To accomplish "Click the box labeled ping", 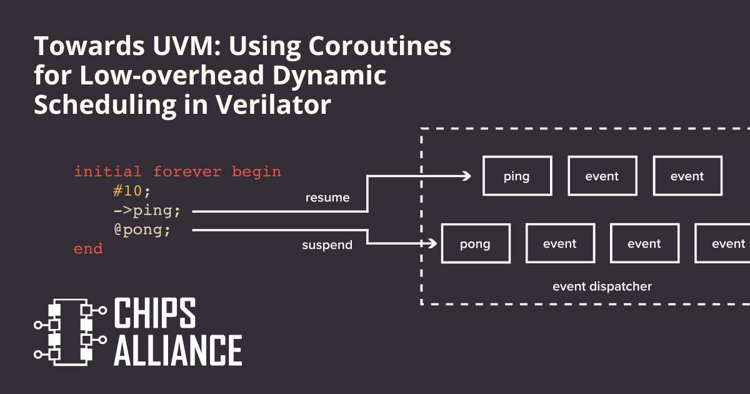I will coord(517,176).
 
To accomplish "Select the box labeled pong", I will coord(476,244).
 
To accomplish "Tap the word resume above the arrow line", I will coord(327,198).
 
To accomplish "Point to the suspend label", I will coord(327,245).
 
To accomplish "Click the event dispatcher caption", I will coord(602,286).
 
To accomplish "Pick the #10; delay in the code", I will coord(132,191).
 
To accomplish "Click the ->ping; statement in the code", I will coord(147,211).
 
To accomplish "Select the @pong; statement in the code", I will coord(142,230).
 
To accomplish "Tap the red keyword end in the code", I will coord(88,249).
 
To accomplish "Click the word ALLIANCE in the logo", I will coord(177,350).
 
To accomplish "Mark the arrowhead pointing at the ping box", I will coord(466,176).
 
